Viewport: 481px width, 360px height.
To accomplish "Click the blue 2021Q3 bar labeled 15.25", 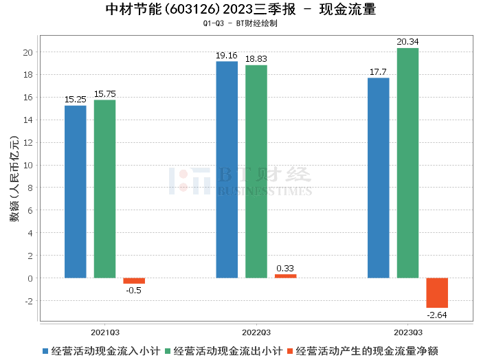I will (76, 192).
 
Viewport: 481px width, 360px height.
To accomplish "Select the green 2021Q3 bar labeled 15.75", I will (104, 189).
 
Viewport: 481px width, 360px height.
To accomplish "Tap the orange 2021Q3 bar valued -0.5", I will (134, 281).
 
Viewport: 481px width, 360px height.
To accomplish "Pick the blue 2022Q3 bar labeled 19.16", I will (227, 170).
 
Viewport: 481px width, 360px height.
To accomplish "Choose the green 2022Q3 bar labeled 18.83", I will (256, 172).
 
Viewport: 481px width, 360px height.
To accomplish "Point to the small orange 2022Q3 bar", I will (286, 276).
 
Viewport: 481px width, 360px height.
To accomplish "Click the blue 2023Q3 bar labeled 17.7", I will (379, 178).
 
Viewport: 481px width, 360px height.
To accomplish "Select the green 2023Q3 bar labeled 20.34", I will (407, 163).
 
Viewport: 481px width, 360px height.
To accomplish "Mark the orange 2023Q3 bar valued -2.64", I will (437, 293).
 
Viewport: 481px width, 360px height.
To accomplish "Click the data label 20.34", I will (407, 42).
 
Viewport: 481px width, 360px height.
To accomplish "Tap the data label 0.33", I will (286, 268).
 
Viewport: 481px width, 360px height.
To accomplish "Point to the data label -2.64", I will (437, 315).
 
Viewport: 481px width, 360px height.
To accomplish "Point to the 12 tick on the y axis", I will (27, 142).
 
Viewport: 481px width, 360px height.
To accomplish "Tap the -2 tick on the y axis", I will (27, 301).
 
